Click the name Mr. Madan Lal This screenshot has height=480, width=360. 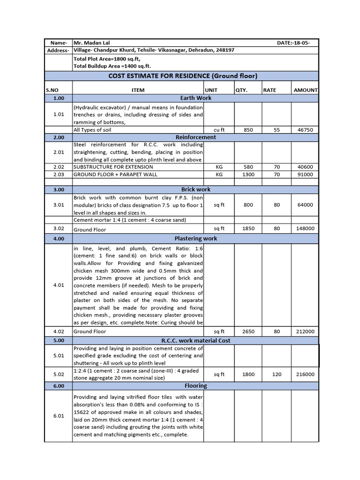click(x=92, y=43)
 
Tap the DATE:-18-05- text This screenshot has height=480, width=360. click(x=293, y=43)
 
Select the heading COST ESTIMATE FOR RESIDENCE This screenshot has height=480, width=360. click(x=183, y=76)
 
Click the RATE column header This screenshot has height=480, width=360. click(x=270, y=90)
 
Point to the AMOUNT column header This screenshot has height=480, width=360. click(x=305, y=90)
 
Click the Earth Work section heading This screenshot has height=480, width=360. click(x=195, y=98)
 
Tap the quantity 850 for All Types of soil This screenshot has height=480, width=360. click(x=248, y=130)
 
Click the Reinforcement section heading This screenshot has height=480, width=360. click(x=195, y=137)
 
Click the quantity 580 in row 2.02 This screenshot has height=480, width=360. click(x=248, y=167)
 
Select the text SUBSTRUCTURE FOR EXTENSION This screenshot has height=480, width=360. click(x=113, y=167)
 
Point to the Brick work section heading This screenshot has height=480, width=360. click(x=195, y=189)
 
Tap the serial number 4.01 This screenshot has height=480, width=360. click(x=59, y=285)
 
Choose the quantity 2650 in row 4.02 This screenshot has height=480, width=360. click(x=248, y=331)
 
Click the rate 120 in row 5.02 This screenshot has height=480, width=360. click(x=277, y=375)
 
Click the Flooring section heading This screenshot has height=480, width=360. click(x=195, y=386)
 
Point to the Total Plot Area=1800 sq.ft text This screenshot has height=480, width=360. click(x=106, y=59)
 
